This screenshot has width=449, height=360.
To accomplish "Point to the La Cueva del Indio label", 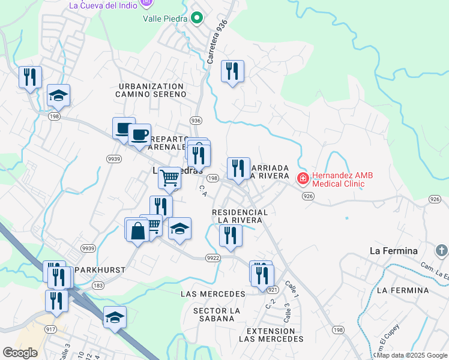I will click(x=101, y=5).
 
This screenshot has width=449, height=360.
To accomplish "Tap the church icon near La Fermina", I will click(x=440, y=250).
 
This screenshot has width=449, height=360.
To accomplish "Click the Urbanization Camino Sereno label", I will click(x=151, y=91).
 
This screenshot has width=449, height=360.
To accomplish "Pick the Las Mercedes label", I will click(x=213, y=294).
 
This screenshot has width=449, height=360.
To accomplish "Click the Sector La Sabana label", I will click(x=217, y=314).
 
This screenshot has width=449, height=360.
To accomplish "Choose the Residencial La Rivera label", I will click(x=240, y=217).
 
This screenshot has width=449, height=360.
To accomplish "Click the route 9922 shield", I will click(x=212, y=258).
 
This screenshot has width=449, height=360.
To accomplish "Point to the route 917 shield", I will click(x=50, y=329).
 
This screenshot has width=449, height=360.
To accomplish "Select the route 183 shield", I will click(x=98, y=286).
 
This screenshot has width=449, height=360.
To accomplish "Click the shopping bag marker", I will click(x=137, y=230).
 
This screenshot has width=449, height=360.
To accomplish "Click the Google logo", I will click(x=20, y=353).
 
